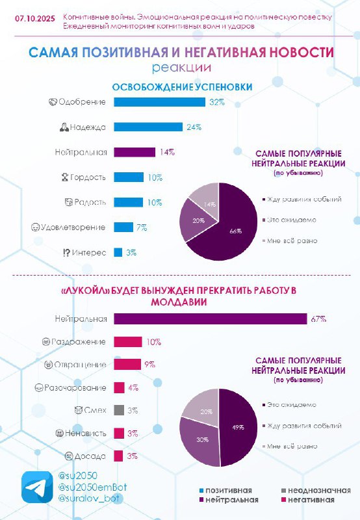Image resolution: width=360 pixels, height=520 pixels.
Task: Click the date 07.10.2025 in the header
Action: click(35, 19)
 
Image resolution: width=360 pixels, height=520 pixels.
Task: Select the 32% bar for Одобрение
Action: click(159, 102)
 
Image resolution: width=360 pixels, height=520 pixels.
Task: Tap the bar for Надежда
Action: click(148, 127)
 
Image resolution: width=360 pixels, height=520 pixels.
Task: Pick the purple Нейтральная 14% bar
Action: click(135, 152)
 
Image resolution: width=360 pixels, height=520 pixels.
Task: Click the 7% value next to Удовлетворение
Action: click(142, 227)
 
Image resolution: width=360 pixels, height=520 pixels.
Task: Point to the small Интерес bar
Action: click(118, 252)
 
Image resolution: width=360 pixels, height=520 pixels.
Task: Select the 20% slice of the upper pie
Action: click(198, 220)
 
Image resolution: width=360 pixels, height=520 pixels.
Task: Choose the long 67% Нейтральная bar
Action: click(211, 319)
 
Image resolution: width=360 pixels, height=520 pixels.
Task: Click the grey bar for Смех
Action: click(119, 410)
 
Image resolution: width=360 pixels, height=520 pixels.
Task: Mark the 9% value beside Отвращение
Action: click(150, 365)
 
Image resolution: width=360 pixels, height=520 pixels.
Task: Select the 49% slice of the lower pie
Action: click(238, 428)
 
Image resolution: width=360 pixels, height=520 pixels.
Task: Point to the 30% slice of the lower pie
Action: click(201, 439)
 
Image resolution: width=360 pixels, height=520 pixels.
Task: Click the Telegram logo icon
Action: click(37, 487)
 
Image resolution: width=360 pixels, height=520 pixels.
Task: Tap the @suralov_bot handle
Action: click(88, 498)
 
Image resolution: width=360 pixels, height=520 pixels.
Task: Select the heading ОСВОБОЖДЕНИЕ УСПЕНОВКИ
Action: click(183, 87)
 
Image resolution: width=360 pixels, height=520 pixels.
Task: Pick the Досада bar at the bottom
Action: click(118, 456)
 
